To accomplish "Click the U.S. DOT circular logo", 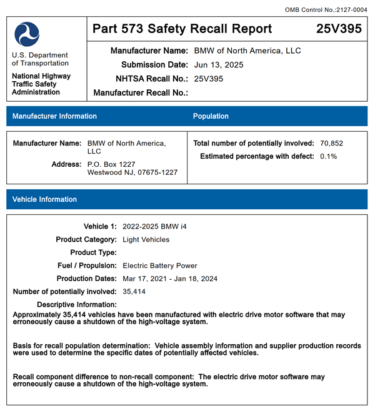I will coord(27,34).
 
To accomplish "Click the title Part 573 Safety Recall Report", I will coord(182,29).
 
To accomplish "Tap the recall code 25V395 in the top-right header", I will coord(338,29).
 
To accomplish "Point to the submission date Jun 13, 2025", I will coord(219,64).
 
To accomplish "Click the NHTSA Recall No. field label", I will coord(152,79).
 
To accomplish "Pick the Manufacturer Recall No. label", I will coord(141,93).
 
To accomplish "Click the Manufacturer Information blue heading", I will coord(54,116).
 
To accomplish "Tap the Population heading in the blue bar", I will coord(211,116).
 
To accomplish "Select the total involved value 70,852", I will coord(331,143).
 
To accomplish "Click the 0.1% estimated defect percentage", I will coord(328,156).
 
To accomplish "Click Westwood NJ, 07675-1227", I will coord(132,172).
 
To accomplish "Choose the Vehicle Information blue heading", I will coord(44,199).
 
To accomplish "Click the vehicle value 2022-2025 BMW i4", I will coord(154,226).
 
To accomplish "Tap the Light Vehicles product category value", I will coord(146,239).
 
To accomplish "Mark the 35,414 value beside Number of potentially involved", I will coord(134,292).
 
